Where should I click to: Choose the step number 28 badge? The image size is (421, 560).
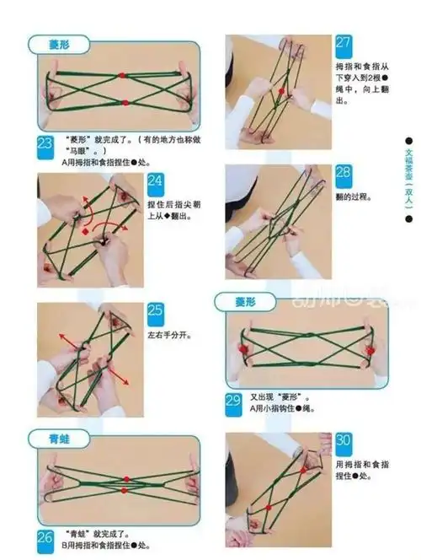coord(344,174)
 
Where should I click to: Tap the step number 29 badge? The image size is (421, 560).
coord(235,399)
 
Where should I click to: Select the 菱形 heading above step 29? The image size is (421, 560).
coord(242,301)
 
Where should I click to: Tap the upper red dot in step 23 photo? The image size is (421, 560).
coord(122,75)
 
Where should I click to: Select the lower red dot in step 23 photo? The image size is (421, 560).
coord(124,103)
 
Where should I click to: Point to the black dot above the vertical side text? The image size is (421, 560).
coord(408,141)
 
